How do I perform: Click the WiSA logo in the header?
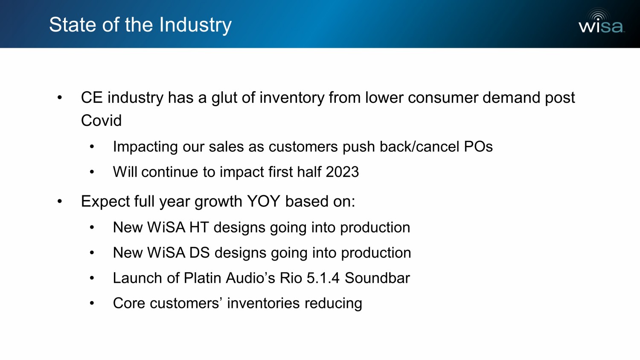[602, 21]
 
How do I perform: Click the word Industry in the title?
[195, 25]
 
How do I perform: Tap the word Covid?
[101, 120]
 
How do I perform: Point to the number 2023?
[342, 172]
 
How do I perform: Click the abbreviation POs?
[478, 147]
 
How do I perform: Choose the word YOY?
[263, 201]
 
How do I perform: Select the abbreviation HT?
[199, 227]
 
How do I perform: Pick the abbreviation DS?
[199, 253]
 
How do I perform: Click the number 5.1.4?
[323, 278]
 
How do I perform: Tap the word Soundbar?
[377, 278]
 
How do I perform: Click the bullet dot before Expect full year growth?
[59, 201]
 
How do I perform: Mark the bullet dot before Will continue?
[92, 172]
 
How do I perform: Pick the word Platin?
[202, 278]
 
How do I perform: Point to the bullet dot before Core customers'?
[92, 303]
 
